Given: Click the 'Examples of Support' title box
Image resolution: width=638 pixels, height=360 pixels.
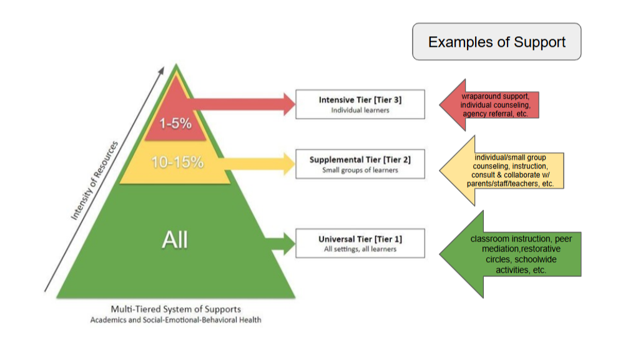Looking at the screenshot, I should point(496,42).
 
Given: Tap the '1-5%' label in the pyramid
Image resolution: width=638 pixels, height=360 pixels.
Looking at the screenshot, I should point(177,123).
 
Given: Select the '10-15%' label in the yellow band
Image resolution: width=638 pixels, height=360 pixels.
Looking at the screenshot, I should point(177,162).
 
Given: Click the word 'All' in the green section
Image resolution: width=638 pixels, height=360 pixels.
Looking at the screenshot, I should point(175,240).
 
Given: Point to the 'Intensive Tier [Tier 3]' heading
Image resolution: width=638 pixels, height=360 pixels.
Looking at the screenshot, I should point(360,100).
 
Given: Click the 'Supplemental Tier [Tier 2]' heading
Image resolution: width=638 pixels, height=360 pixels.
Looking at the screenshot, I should point(360,160).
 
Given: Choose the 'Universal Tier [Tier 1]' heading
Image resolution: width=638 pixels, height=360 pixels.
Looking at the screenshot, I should point(360,239).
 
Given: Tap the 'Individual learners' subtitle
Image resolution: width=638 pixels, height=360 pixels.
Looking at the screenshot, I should point(360,110).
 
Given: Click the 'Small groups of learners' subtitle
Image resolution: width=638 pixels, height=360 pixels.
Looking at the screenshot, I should point(360,170).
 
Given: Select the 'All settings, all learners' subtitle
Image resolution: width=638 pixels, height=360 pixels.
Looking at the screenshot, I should point(360,250).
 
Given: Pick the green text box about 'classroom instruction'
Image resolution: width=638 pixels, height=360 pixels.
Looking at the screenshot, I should point(525,255).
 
